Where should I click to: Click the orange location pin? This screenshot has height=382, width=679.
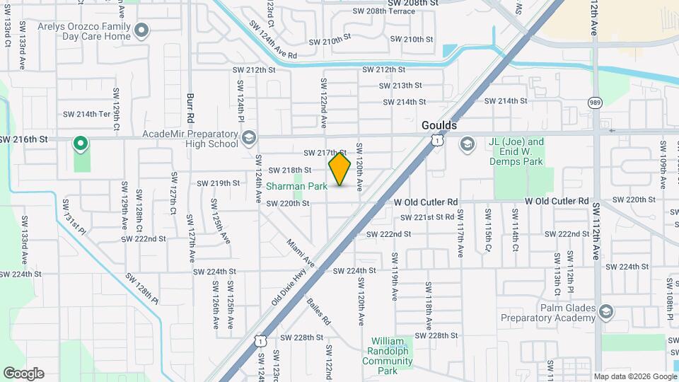coord(339,169)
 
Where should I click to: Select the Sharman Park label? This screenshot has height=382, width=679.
coord(296,187)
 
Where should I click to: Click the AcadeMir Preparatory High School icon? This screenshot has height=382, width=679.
coord(248,137)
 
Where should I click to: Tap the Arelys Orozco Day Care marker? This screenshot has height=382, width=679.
coord(141,30)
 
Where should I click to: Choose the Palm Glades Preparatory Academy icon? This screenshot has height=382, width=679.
coord(605,311)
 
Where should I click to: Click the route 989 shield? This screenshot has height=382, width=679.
coord(596,103)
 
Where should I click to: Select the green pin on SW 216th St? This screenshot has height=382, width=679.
coord(81,144)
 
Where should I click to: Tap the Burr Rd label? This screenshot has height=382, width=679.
coord(190,105)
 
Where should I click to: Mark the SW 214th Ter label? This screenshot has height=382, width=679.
coord(87,114)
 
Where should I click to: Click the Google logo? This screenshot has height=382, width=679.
coord(23,373)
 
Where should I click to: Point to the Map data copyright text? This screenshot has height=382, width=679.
coord(634,376)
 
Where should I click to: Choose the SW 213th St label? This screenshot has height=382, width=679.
coord(401,85)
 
